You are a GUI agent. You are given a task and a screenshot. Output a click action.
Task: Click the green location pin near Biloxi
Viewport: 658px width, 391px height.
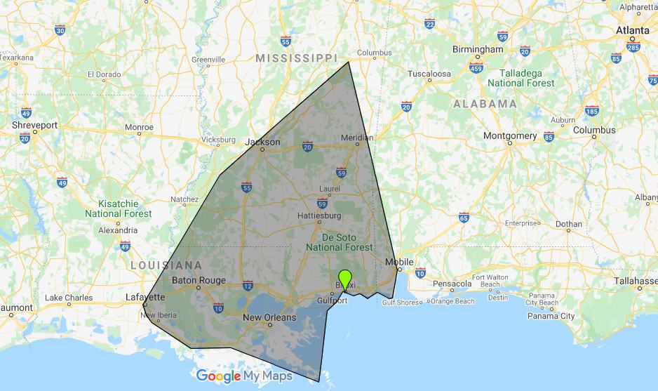344,278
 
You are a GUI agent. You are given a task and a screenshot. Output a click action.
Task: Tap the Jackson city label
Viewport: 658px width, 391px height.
262,142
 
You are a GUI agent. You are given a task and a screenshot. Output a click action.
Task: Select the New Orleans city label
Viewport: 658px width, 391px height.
269,317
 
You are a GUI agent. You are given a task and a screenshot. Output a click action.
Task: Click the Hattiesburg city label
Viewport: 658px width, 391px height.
319,215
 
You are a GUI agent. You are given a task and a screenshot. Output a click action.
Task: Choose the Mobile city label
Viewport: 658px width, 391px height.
400,262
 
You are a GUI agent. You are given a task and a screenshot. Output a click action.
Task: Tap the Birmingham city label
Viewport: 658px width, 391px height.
478,50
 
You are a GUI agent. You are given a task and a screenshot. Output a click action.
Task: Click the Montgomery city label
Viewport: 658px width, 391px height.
510,135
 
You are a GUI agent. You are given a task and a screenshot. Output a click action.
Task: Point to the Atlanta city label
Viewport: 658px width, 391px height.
633,31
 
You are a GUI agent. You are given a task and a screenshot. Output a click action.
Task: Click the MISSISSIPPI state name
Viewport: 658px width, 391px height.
296,58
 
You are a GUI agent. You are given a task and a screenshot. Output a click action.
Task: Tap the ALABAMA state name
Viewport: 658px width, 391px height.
485,103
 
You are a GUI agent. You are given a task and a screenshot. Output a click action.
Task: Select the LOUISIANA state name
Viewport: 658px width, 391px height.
166,265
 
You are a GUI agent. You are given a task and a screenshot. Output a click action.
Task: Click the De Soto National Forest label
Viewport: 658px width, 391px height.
340,242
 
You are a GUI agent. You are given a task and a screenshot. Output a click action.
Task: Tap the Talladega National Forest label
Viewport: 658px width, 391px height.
526,78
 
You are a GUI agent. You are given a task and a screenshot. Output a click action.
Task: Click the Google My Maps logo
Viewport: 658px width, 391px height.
244,376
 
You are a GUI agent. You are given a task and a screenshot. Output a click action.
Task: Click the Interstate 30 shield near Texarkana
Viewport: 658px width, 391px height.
60,30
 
